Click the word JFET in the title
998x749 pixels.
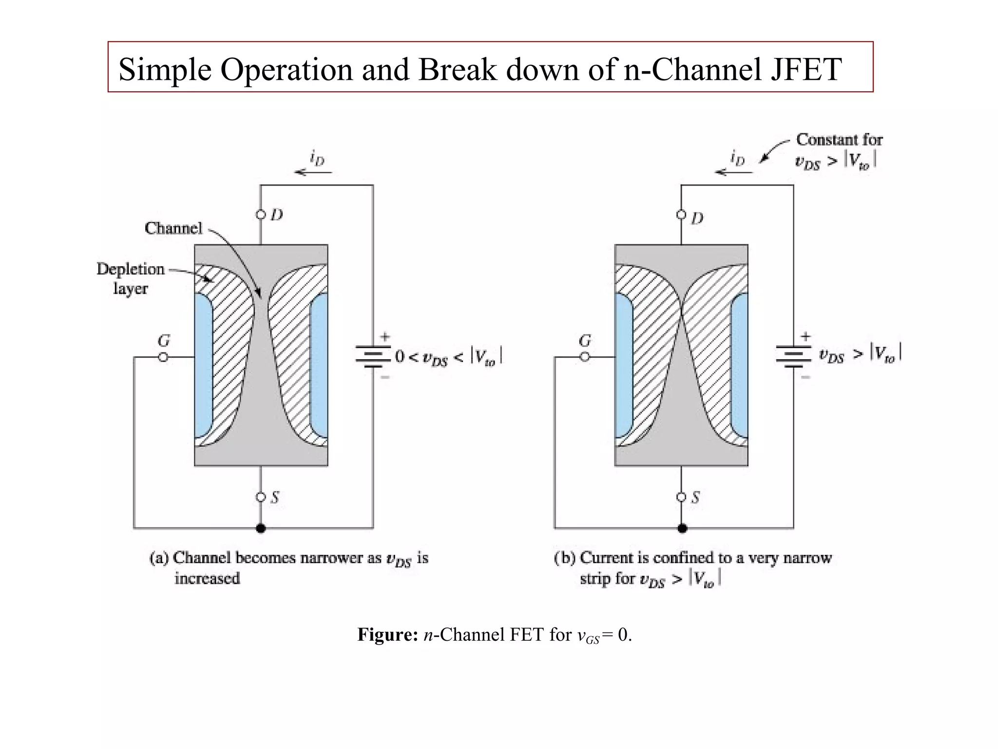[806, 69]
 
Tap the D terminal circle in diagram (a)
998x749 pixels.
[261, 215]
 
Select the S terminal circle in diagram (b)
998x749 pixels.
[681, 497]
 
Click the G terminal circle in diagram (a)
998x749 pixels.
[163, 357]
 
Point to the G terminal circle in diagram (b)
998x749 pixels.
[584, 357]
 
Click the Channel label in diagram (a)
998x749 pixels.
[173, 228]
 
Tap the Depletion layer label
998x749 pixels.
[130, 278]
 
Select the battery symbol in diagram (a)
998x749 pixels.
[373, 356]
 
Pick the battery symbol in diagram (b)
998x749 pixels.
[793, 356]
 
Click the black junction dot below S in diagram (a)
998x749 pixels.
[261, 528]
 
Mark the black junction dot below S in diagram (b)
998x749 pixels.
[682, 528]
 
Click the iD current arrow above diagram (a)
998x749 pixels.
[313, 172]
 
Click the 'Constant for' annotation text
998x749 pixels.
[839, 140]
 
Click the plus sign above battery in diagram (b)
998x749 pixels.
[805, 336]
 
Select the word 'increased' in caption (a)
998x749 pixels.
[207, 579]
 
